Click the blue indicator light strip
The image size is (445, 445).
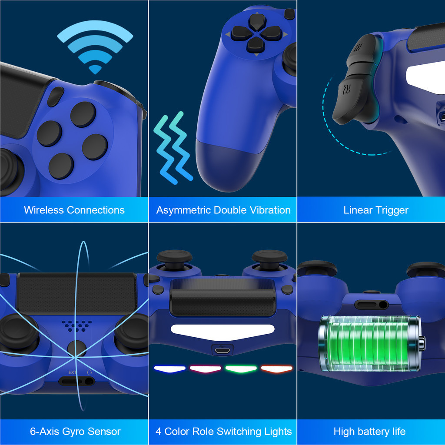[x=169, y=369]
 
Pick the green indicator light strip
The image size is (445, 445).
[x=241, y=369]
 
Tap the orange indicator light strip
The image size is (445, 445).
[x=276, y=369]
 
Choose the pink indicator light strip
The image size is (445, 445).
[x=205, y=369]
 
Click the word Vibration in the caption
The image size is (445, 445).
[x=270, y=210]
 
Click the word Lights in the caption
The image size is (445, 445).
[x=278, y=432]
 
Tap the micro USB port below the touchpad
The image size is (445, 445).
[x=223, y=349]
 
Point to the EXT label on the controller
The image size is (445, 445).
[x=72, y=372]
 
